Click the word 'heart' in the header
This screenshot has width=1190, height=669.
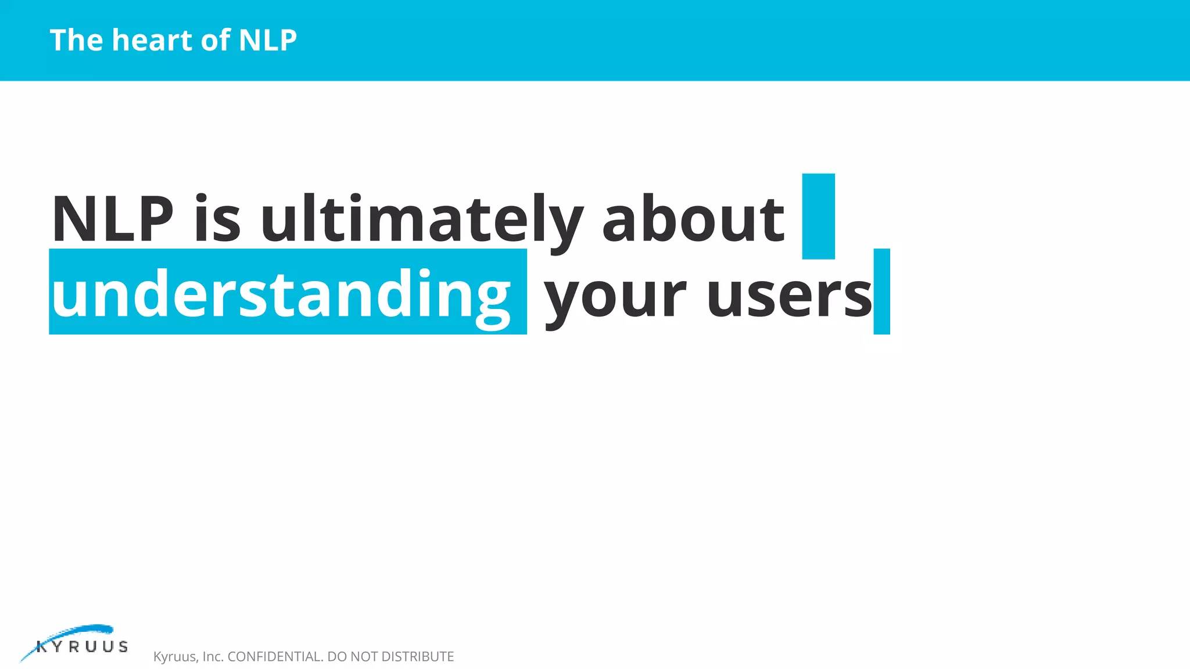[x=152, y=40]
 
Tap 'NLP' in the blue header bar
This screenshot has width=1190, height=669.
[x=268, y=40]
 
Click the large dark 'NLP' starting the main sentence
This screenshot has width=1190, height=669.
[x=112, y=219]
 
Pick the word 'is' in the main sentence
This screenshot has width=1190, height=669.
[x=217, y=219]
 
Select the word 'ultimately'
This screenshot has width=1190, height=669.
[x=421, y=219]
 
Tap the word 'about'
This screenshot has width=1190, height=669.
[x=693, y=219]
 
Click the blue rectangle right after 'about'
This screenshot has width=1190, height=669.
[x=818, y=216]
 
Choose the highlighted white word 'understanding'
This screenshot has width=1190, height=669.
[x=282, y=294]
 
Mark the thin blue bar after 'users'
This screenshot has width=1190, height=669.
[x=881, y=292]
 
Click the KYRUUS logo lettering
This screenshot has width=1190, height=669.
[x=82, y=647]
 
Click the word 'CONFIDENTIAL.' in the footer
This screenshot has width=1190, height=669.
[x=275, y=657]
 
